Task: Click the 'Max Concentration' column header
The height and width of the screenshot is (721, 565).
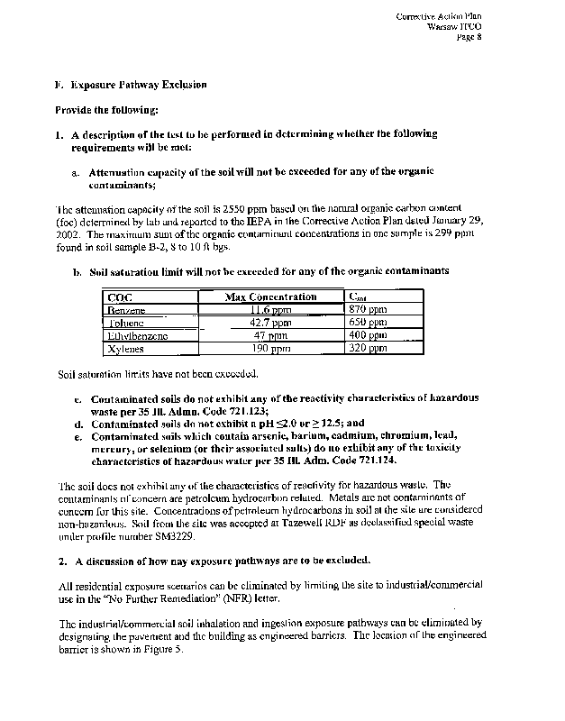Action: point(270,297)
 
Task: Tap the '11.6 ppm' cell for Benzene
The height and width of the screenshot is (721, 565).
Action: point(270,309)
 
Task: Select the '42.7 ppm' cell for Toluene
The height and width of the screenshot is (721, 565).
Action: point(270,322)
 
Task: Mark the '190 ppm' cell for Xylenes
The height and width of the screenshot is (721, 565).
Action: point(270,347)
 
